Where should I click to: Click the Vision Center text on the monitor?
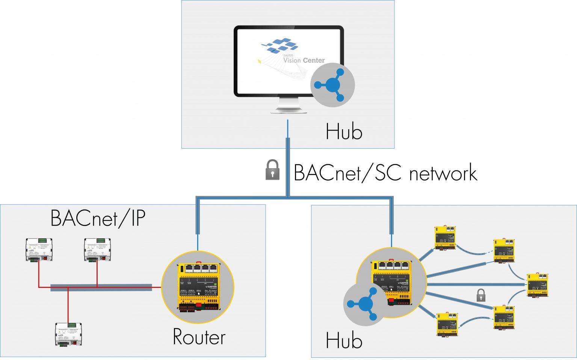pos(304,60)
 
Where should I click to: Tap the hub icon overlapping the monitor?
pos(333,86)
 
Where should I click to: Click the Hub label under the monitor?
pos(344,132)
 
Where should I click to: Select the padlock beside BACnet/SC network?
pos(273,170)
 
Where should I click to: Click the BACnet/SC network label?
pos(385,173)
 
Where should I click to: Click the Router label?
pos(199,337)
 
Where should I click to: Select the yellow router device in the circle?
pos(197,287)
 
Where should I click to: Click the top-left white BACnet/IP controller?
pos(39,250)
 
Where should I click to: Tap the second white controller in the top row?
pos(97,250)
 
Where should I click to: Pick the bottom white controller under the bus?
pos(68,334)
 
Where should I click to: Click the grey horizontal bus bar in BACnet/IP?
pos(101,287)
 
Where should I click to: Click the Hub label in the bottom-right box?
pos(344,340)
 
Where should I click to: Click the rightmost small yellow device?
pos(538,285)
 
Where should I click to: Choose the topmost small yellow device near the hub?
pos(445,237)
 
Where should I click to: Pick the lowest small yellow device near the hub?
pos(447,324)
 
